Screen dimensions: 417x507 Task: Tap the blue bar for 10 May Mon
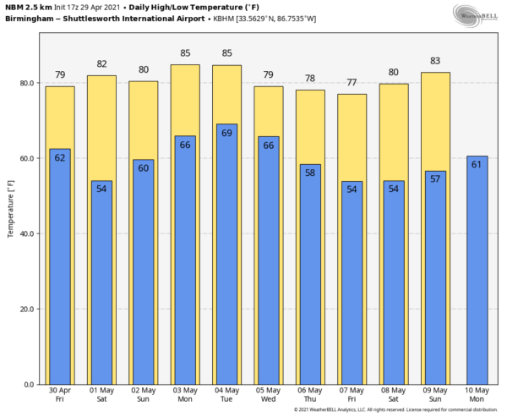[x=477, y=271]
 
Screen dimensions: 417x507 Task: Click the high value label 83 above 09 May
[x=434, y=62]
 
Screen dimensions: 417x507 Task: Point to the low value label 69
[x=226, y=134]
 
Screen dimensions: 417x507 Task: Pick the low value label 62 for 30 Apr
[x=60, y=157]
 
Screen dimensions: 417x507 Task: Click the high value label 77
[x=352, y=83]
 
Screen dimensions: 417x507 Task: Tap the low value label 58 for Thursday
[x=310, y=173]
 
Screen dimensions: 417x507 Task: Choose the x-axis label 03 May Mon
[x=185, y=396]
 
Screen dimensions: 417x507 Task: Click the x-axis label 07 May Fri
[x=352, y=396]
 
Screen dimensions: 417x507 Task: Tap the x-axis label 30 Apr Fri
[x=60, y=396]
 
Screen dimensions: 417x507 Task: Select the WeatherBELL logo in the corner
[x=474, y=14]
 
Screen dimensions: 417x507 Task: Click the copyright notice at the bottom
[x=398, y=411]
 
